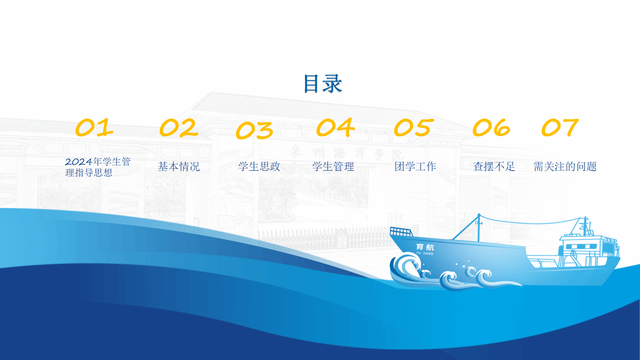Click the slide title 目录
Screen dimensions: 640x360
pyautogui.click(x=323, y=84)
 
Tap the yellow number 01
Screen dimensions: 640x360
pyautogui.click(x=94, y=127)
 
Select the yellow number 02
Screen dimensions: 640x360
pyautogui.click(x=179, y=127)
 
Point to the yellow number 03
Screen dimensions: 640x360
pyautogui.click(x=254, y=130)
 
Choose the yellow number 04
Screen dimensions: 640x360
pyautogui.click(x=336, y=127)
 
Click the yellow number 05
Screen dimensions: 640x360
pyautogui.click(x=414, y=127)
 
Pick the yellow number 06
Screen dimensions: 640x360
pyautogui.click(x=492, y=127)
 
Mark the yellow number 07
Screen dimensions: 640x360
pyautogui.click(x=560, y=127)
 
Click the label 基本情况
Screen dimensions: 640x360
pyautogui.click(x=179, y=167)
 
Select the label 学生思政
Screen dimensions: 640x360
pyautogui.click(x=259, y=167)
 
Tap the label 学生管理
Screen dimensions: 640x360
pyautogui.click(x=333, y=167)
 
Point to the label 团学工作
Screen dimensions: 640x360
pyautogui.click(x=415, y=167)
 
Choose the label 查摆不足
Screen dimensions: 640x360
pyautogui.click(x=494, y=167)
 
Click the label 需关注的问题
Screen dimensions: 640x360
pyautogui.click(x=565, y=167)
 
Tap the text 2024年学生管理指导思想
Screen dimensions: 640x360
pyautogui.click(x=98, y=167)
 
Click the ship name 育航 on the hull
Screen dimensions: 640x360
pyautogui.click(x=425, y=247)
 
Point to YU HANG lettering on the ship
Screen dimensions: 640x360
pyautogui.click(x=425, y=253)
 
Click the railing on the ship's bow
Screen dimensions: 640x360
pyautogui.click(x=401, y=232)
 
